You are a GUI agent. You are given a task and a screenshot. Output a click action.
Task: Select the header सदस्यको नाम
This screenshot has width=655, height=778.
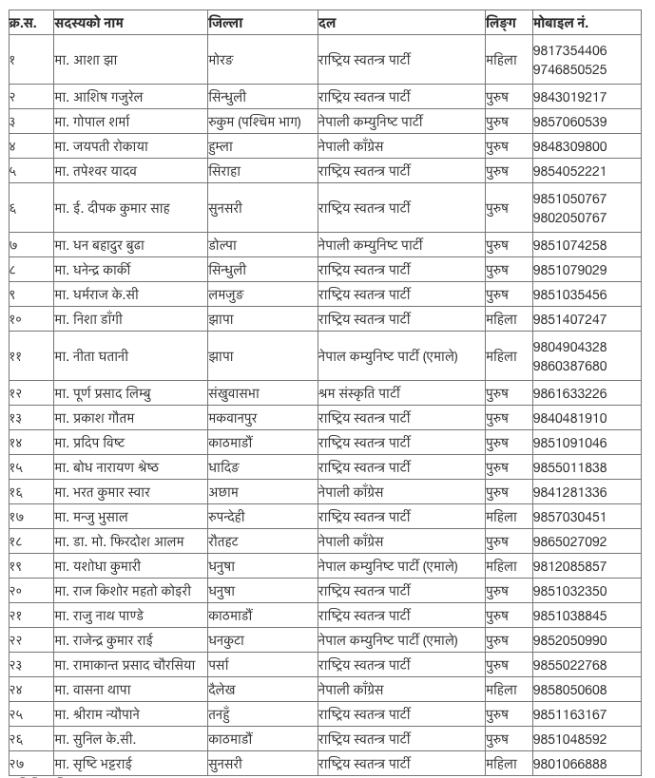[x=95, y=22]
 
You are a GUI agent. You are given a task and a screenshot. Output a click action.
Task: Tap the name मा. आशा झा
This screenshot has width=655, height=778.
[x=87, y=60]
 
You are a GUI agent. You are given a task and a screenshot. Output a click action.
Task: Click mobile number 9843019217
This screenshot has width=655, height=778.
[x=569, y=97]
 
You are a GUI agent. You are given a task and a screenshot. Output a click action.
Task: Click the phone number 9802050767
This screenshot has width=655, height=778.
[x=569, y=218]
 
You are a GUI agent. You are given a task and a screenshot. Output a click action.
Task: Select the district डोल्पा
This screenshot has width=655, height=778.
[x=222, y=245]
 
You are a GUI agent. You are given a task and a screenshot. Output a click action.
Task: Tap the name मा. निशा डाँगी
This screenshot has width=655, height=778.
[x=88, y=319]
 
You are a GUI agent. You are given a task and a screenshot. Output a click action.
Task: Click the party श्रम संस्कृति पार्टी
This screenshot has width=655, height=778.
[x=359, y=393]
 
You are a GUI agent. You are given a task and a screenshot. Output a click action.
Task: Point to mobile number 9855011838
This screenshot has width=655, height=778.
[x=569, y=467]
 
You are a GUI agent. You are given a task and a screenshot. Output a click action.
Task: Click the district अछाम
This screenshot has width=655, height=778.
[x=224, y=492]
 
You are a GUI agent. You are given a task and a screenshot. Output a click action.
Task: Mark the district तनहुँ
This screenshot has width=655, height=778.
[x=223, y=714]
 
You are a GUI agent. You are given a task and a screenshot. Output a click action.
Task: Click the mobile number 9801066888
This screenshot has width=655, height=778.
[x=569, y=764]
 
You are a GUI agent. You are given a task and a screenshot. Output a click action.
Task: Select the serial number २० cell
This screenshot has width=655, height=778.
[x=16, y=591]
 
